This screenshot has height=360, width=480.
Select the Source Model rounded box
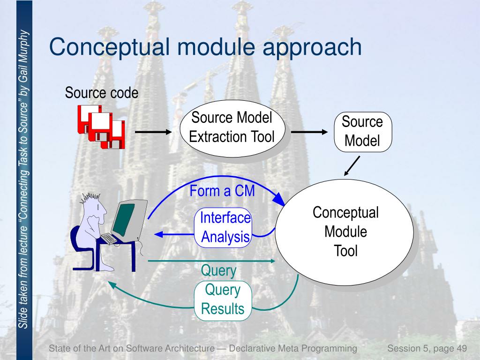click(x=362, y=132)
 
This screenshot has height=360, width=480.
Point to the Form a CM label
click(x=223, y=191)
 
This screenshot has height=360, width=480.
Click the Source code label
click(x=102, y=93)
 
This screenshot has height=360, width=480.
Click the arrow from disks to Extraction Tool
click(x=154, y=133)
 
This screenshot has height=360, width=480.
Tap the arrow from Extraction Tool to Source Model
click(x=310, y=133)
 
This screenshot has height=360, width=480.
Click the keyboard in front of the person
click(x=108, y=238)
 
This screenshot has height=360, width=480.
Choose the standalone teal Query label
click(x=218, y=270)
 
